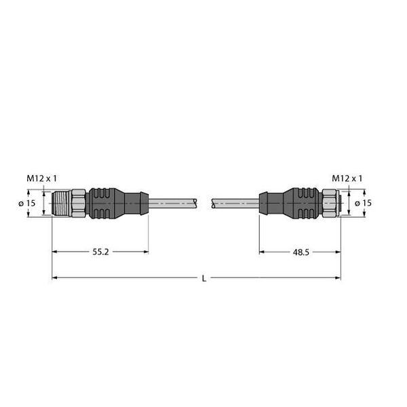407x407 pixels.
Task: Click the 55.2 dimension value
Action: (x=100, y=252)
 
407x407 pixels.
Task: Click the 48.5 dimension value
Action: (x=301, y=252)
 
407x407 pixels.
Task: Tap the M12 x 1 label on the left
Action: (x=42, y=178)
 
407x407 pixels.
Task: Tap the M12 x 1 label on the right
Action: (x=347, y=178)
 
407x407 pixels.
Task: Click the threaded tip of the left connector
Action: (x=62, y=203)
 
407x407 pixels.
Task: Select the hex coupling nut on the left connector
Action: (x=79, y=203)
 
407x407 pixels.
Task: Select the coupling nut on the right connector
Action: (x=331, y=203)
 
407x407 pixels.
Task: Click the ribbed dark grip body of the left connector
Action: (x=104, y=203)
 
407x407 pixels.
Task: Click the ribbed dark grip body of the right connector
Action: (x=303, y=203)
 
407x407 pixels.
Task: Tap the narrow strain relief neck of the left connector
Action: (x=134, y=203)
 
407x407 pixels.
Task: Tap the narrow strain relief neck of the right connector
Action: (x=271, y=203)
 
